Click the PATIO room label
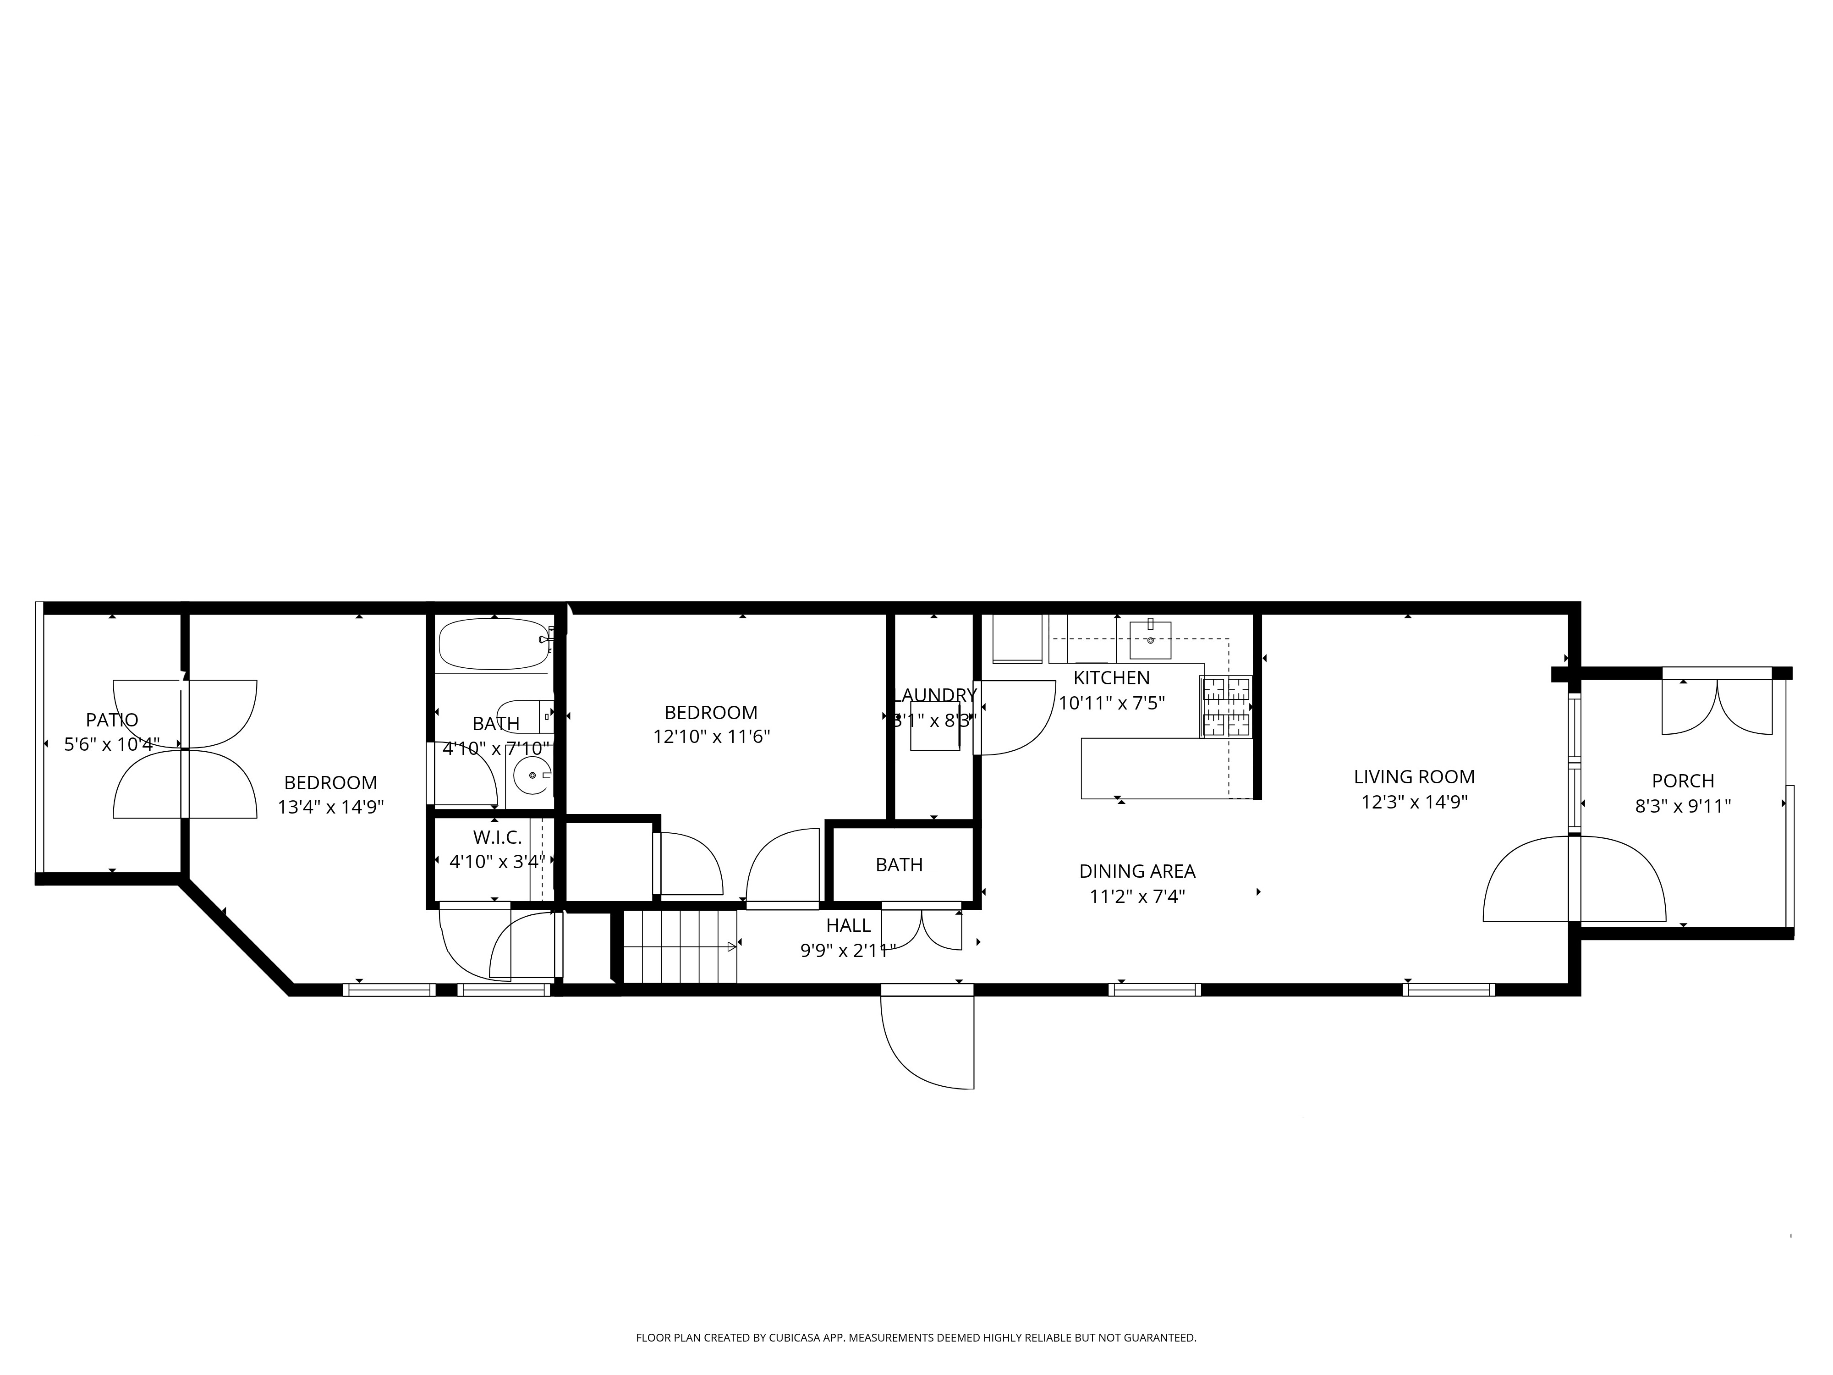(112, 720)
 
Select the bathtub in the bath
(494, 644)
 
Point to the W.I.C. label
(497, 838)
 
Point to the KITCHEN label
(1111, 678)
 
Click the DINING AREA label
(1137, 871)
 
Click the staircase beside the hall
(680, 946)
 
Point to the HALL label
(848, 925)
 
